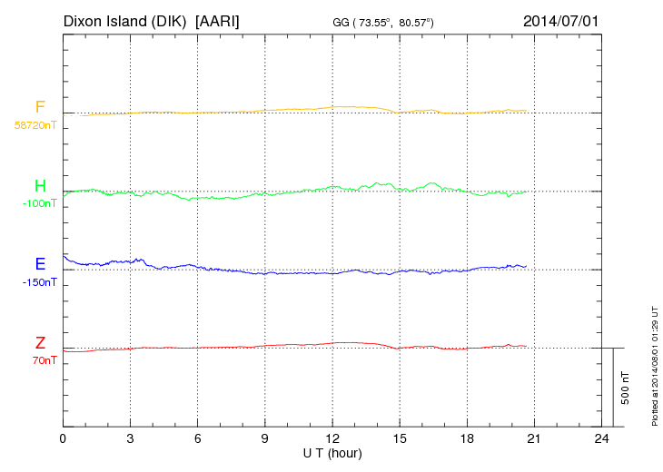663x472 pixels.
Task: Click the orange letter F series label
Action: tap(40, 108)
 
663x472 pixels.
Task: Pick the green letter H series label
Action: tap(40, 186)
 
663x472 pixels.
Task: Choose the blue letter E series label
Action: tap(40, 264)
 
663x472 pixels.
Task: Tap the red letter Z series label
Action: tap(40, 343)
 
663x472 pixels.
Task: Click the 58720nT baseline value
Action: tap(35, 125)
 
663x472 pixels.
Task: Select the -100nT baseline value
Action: tap(40, 203)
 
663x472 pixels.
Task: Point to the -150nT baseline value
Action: tap(40, 282)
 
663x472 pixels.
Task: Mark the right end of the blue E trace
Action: tap(526, 266)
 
